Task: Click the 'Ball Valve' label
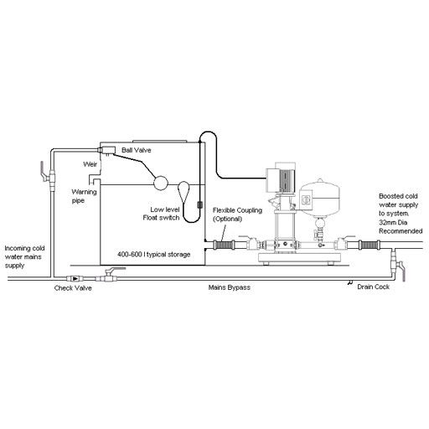point(136,150)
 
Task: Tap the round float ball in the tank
point(161,183)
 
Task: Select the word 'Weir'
point(90,164)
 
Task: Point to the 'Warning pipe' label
point(84,196)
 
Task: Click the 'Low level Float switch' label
point(161,214)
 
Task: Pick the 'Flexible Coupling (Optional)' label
point(237,214)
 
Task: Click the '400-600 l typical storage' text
point(154,255)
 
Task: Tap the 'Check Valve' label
point(73,288)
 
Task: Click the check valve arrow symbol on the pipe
point(75,278)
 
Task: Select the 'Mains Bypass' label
point(230,287)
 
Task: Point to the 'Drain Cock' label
point(374,287)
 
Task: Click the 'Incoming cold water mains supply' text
point(24,257)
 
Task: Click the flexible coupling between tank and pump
point(224,245)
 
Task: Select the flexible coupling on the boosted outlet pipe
point(370,245)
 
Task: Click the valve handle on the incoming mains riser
point(43,171)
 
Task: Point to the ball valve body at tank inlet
point(106,150)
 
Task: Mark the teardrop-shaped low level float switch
point(183,191)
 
